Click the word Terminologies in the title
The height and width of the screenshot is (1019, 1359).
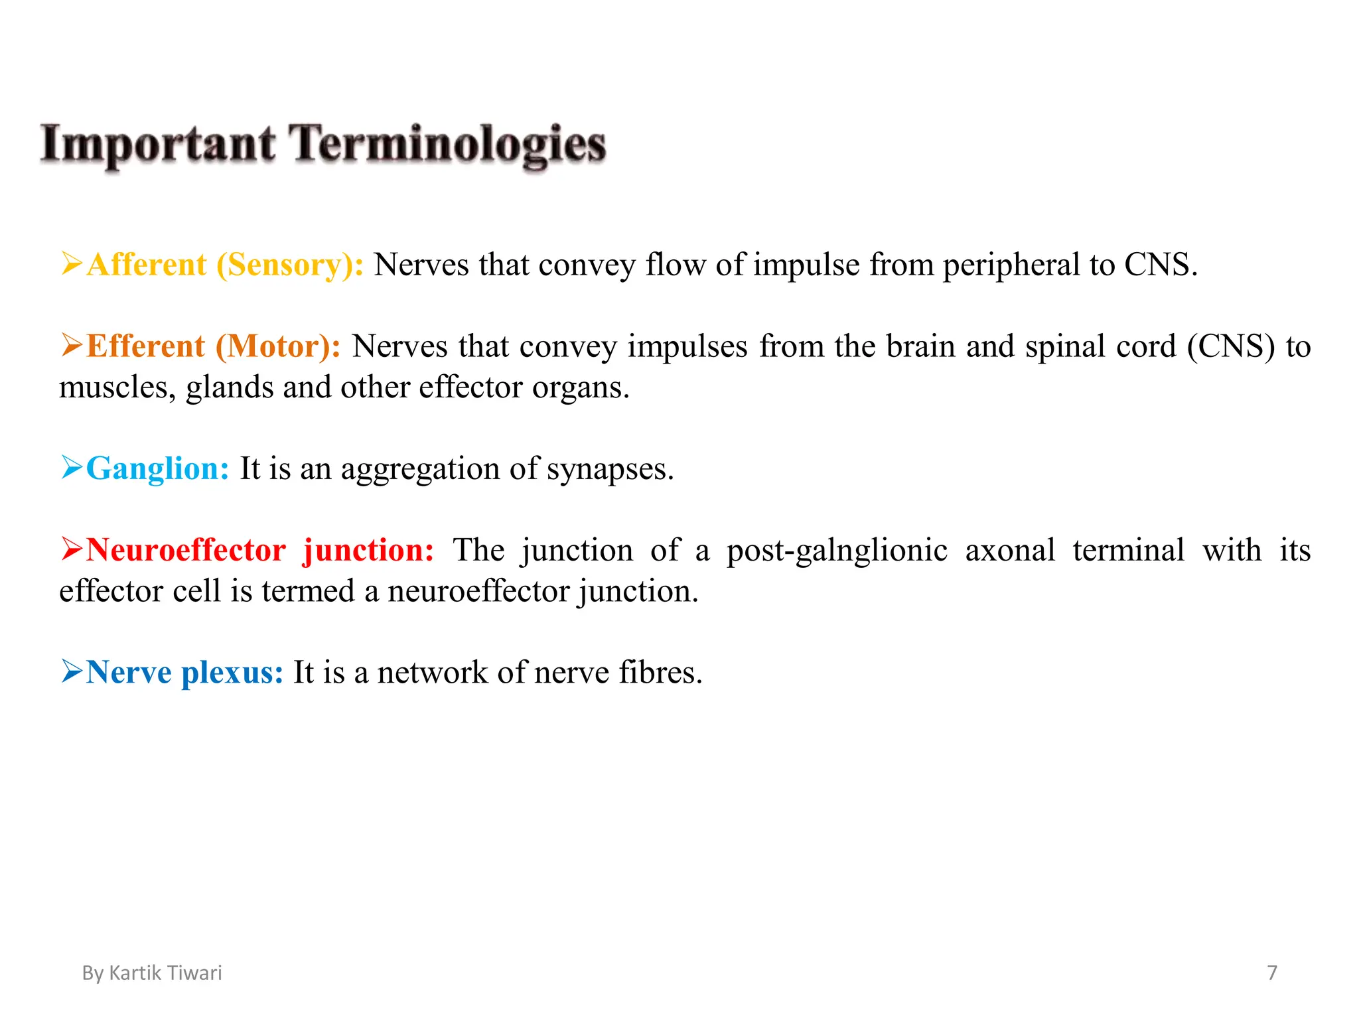(448, 145)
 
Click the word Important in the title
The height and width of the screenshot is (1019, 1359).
(158, 145)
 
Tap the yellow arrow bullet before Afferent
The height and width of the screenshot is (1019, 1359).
(71, 263)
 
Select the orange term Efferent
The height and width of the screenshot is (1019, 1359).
(145, 346)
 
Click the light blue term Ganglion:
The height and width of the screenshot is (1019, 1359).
(157, 468)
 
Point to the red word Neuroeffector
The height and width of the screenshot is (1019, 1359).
(186, 550)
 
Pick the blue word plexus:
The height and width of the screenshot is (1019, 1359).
(232, 672)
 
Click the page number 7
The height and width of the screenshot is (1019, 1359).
(1271, 973)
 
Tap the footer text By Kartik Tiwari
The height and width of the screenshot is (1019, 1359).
(152, 973)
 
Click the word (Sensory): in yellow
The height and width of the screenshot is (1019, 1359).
(290, 265)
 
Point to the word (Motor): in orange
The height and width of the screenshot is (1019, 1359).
(278, 346)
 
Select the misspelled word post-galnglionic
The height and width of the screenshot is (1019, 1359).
(837, 551)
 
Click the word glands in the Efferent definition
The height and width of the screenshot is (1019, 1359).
(229, 387)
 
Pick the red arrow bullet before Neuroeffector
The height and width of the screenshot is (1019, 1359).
(71, 549)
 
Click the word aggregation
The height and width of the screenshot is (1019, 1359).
(420, 469)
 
